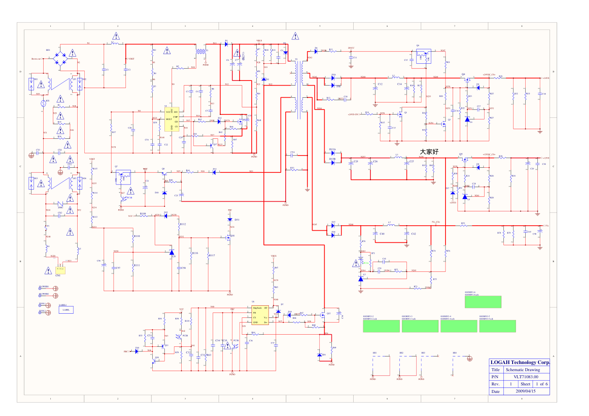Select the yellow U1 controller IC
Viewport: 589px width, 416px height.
[x=172, y=119]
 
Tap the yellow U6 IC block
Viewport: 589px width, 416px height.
[x=260, y=315]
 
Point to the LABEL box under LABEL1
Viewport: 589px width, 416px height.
[x=66, y=310]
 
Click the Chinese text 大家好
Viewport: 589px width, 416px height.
[x=429, y=152]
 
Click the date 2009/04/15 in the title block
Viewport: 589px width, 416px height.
[x=526, y=391]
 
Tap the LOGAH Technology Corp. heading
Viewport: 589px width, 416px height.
[x=520, y=362]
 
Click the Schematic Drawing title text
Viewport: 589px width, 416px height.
[x=523, y=370]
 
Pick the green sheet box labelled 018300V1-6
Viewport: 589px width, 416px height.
[x=483, y=302]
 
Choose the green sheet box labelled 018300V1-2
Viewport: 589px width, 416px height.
[x=381, y=326]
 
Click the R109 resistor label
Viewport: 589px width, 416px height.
[x=143, y=214]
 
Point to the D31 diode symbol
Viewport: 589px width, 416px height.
[x=230, y=220]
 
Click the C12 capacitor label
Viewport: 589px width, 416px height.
[x=380, y=84]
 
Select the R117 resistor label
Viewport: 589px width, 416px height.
[x=212, y=255]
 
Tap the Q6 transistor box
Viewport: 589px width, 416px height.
[x=423, y=57]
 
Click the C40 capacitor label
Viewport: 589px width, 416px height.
[x=382, y=234]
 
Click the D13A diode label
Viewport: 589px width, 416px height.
[x=332, y=149]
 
